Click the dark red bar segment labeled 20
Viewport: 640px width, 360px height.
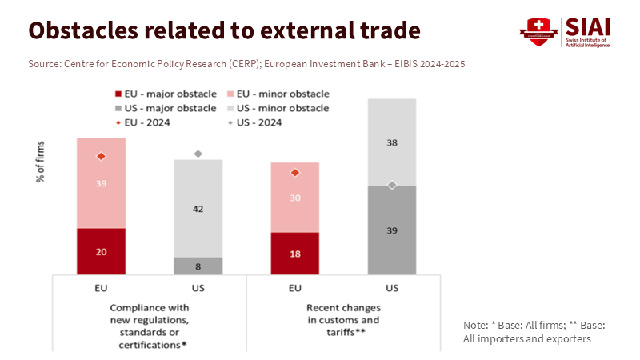101,251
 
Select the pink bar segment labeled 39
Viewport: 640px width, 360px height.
101,183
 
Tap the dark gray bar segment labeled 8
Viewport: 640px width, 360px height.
198,266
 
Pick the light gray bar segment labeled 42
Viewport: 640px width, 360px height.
198,208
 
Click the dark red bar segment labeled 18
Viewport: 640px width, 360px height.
295,254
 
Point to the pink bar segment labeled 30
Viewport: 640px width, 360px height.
295,198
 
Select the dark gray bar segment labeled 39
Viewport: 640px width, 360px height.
392,230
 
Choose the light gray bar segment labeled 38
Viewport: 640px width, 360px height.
392,142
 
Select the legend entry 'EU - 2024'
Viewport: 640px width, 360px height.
151,122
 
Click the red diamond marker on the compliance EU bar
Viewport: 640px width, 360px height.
101,157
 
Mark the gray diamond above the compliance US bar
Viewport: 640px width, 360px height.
198,154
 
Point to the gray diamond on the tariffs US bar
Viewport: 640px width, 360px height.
392,185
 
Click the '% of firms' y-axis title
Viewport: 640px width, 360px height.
40,165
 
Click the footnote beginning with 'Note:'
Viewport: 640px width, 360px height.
534,332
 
